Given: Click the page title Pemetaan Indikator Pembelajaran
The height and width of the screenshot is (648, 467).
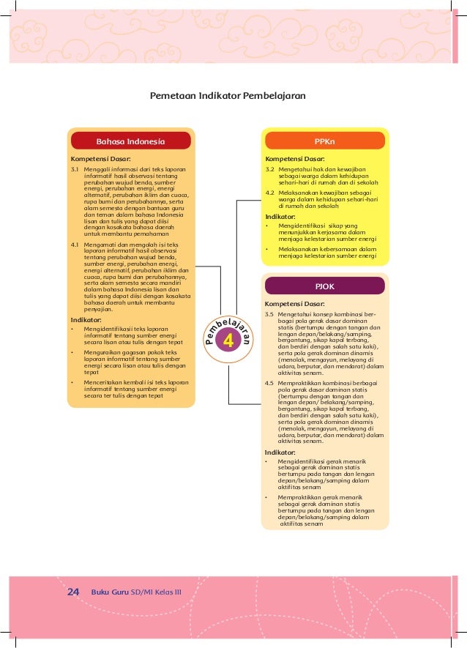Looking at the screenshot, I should (x=227, y=96).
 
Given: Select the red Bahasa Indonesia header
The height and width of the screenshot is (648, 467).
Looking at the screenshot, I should (x=131, y=141).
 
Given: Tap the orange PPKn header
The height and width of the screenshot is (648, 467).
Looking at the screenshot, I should (x=324, y=141).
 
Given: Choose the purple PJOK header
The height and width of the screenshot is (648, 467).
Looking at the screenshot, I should (x=324, y=286).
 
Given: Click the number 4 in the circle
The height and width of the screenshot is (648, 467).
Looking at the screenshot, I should (x=228, y=340).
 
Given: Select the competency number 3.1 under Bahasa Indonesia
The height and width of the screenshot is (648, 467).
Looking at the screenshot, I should (x=75, y=169).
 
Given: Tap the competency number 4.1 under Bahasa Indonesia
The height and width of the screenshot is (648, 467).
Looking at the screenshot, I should (x=75, y=244).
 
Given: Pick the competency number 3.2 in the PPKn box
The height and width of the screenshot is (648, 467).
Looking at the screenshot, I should (x=269, y=169).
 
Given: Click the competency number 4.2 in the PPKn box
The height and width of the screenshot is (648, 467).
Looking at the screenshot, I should (x=269, y=193).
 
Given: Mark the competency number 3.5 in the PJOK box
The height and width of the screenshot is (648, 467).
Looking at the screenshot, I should (x=269, y=314).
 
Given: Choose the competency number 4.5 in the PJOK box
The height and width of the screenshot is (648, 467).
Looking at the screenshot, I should (x=269, y=382).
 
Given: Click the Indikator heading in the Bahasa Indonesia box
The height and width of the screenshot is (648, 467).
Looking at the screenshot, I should (x=86, y=320).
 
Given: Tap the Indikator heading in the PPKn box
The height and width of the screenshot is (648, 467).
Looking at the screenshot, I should (x=280, y=217).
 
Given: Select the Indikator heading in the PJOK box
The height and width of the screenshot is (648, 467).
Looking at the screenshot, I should (x=280, y=453).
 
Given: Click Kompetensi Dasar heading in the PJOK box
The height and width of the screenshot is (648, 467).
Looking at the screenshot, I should (x=295, y=303).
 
